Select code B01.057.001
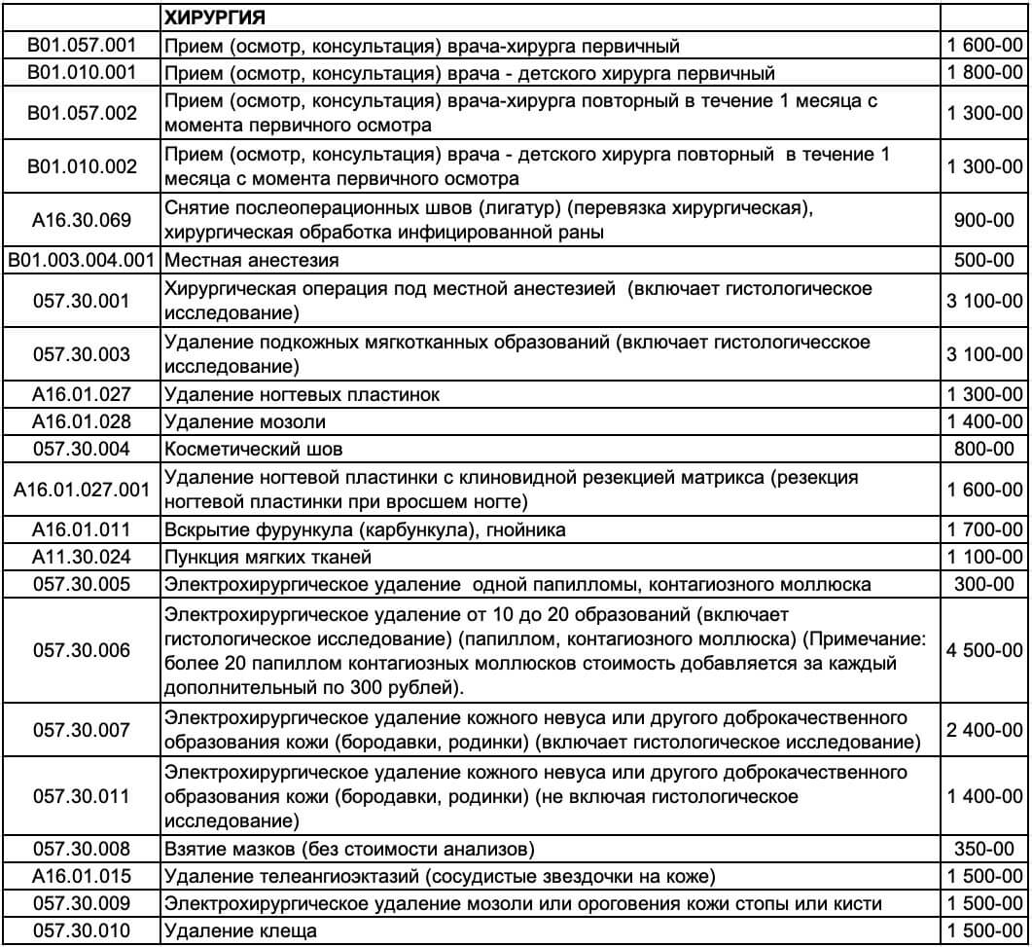(x=81, y=45)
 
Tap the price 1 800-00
(x=985, y=72)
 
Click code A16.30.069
(x=81, y=220)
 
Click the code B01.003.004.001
(x=81, y=261)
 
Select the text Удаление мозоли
(x=245, y=421)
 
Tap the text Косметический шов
(x=254, y=449)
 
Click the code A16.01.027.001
(x=81, y=489)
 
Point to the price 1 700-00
(x=985, y=529)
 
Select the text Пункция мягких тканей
(x=268, y=557)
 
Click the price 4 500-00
(x=985, y=650)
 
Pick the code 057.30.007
(x=81, y=730)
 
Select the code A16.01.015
(x=81, y=876)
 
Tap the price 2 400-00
(x=985, y=730)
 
